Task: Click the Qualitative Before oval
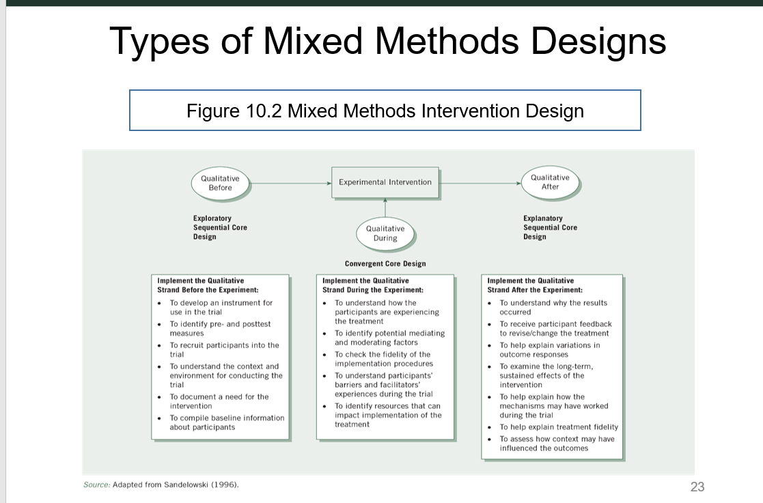coord(220,183)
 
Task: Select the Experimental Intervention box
coord(385,182)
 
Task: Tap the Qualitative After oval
coord(550,182)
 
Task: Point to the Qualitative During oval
coord(385,233)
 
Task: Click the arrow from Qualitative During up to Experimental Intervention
coord(385,207)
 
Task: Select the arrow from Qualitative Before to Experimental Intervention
coord(290,183)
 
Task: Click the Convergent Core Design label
coord(385,263)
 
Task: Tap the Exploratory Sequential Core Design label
coord(220,228)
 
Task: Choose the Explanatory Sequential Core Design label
coord(550,228)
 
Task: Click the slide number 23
coord(697,487)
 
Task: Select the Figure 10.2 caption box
coord(385,111)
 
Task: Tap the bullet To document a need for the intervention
coord(219,401)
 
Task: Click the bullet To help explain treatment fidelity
coord(558,427)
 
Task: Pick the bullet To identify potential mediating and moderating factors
coord(389,338)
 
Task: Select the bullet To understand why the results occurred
coord(553,307)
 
